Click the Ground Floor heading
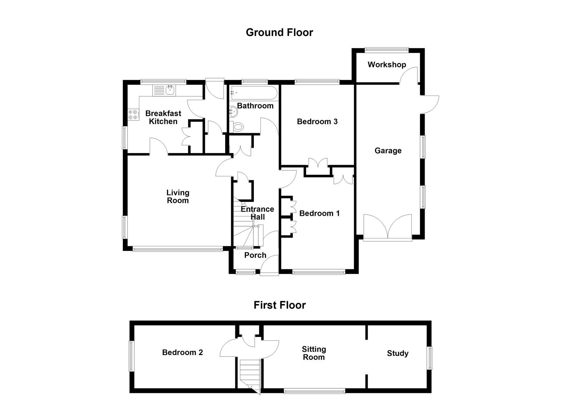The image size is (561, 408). [279, 32]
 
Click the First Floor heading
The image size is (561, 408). [279, 305]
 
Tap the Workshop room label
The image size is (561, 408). [386, 65]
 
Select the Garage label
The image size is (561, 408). [388, 151]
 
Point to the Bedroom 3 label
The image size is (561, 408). [317, 122]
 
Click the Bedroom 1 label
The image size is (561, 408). [319, 213]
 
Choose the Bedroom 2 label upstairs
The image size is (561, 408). [182, 352]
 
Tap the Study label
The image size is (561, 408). [397, 354]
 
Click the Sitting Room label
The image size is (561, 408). [314, 353]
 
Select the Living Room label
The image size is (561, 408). [178, 196]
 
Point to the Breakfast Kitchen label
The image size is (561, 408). [163, 117]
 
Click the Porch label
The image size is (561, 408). [255, 255]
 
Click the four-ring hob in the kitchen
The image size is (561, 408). [133, 114]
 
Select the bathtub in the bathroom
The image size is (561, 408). [253, 93]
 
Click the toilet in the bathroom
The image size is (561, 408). [237, 127]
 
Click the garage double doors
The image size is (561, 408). [388, 228]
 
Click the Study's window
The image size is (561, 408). [430, 358]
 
